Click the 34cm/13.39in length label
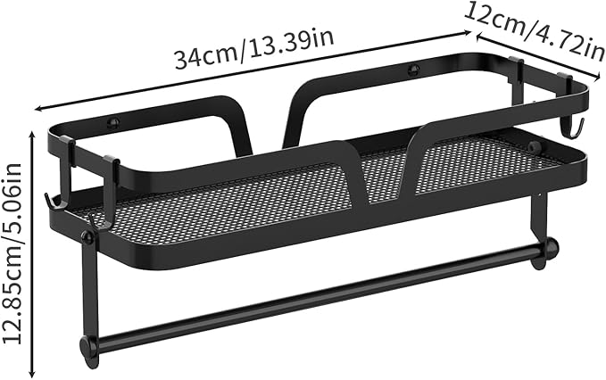pos(254,49)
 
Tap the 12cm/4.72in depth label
pos(534,32)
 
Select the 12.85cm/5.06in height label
pos(12,253)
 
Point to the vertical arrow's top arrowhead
pos(32,135)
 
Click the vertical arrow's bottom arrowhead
pos(32,374)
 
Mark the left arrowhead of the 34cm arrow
pos(37,109)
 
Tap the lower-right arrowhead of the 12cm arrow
pos(597,76)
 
